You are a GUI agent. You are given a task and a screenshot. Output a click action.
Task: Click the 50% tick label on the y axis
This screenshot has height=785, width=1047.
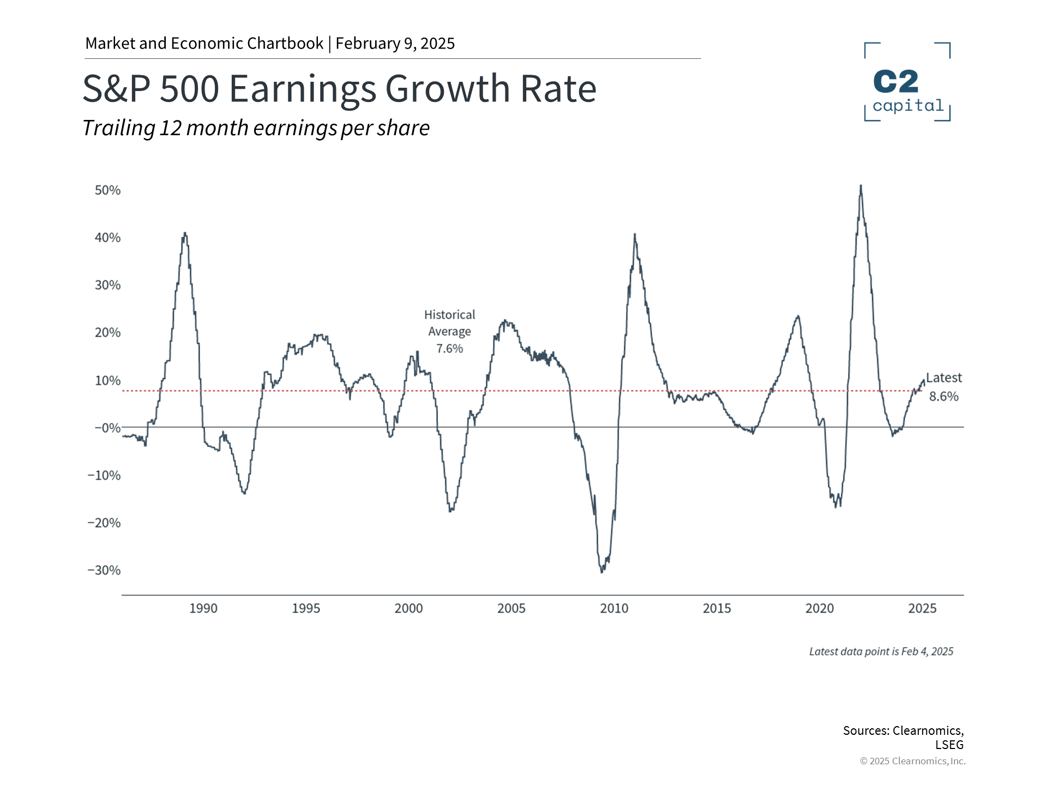tap(107, 190)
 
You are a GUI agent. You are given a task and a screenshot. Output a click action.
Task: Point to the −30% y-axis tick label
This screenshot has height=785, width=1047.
tap(104, 570)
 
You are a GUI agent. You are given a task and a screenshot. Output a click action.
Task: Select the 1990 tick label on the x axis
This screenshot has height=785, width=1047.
tap(203, 608)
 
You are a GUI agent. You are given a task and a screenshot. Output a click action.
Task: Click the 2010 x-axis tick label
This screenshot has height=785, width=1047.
tap(614, 608)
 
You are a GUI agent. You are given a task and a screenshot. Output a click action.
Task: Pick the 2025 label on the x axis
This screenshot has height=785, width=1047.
tap(922, 608)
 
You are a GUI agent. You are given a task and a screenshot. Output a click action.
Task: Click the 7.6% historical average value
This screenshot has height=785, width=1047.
tap(449, 349)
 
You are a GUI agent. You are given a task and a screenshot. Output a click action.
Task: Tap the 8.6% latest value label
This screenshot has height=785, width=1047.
tap(943, 397)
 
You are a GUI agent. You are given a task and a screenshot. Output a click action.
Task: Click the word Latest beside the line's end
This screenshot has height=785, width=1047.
tap(944, 378)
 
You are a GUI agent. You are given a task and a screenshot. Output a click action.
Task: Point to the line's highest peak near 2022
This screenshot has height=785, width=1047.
tap(861, 186)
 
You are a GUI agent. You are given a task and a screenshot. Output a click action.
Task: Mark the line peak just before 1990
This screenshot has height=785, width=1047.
tap(185, 233)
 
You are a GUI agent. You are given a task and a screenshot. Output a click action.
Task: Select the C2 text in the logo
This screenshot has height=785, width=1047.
tap(896, 82)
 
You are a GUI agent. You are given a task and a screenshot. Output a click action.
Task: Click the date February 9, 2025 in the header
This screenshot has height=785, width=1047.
tap(395, 44)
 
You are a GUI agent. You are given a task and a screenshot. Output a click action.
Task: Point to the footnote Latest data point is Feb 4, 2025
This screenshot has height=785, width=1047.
tap(881, 651)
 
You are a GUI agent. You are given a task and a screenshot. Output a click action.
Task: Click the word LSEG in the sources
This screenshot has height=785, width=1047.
tap(949, 745)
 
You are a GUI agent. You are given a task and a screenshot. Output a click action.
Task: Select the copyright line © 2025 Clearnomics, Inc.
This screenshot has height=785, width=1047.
tap(912, 761)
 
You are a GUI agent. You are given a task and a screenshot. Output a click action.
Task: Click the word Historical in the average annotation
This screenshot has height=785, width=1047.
tap(449, 315)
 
